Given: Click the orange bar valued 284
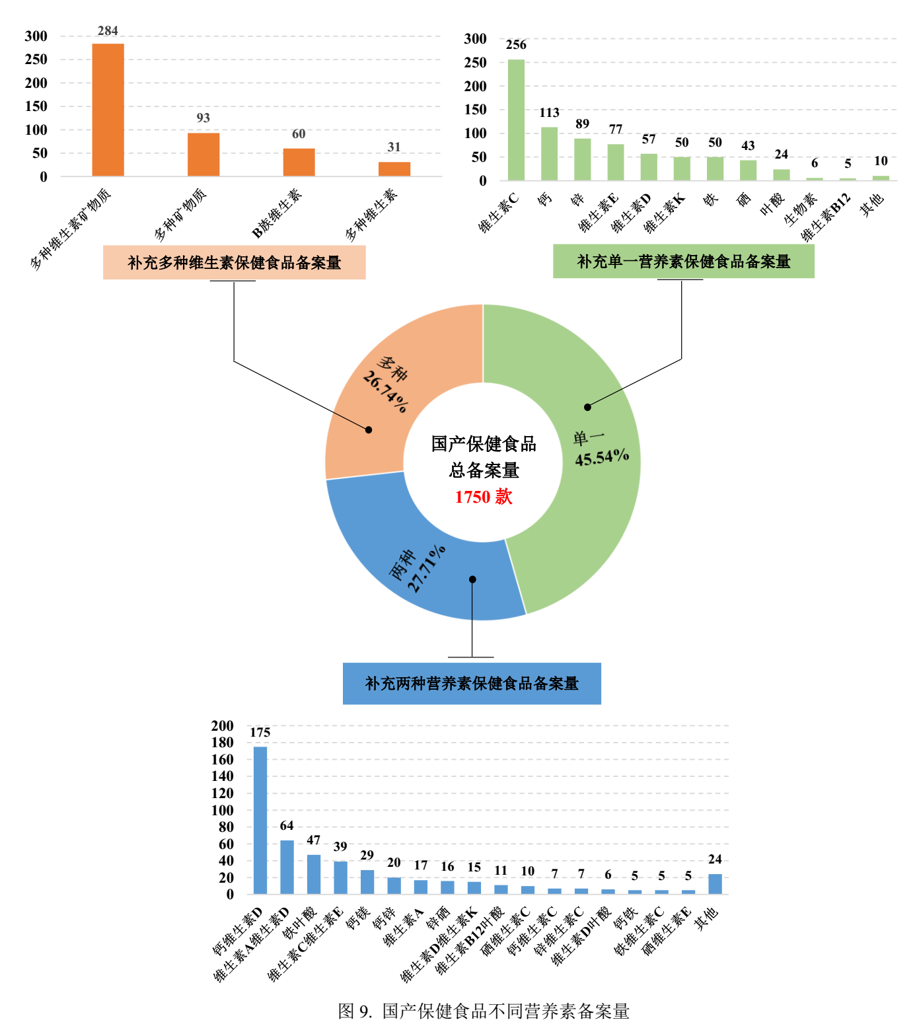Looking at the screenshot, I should (108, 110).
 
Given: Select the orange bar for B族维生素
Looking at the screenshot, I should (299, 162).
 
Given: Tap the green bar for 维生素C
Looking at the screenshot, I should (516, 120).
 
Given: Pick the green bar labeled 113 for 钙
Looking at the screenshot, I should (549, 154).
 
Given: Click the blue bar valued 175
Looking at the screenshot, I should (260, 820).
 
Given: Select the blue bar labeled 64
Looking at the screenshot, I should (287, 867).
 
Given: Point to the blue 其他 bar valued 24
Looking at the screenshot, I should (715, 884).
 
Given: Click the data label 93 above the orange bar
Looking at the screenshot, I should (203, 118).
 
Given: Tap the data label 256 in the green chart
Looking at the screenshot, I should (516, 45).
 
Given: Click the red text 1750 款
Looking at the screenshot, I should (484, 497).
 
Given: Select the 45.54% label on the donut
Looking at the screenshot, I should (601, 457).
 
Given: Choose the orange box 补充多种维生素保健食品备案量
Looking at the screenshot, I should (234, 262).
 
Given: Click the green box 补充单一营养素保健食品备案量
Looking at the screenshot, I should (683, 262).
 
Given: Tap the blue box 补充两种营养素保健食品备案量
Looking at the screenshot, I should (472, 683).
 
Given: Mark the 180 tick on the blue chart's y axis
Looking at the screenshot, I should (223, 743).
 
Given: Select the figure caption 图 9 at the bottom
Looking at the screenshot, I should (484, 1011).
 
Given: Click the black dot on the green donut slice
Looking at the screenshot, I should (587, 407).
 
